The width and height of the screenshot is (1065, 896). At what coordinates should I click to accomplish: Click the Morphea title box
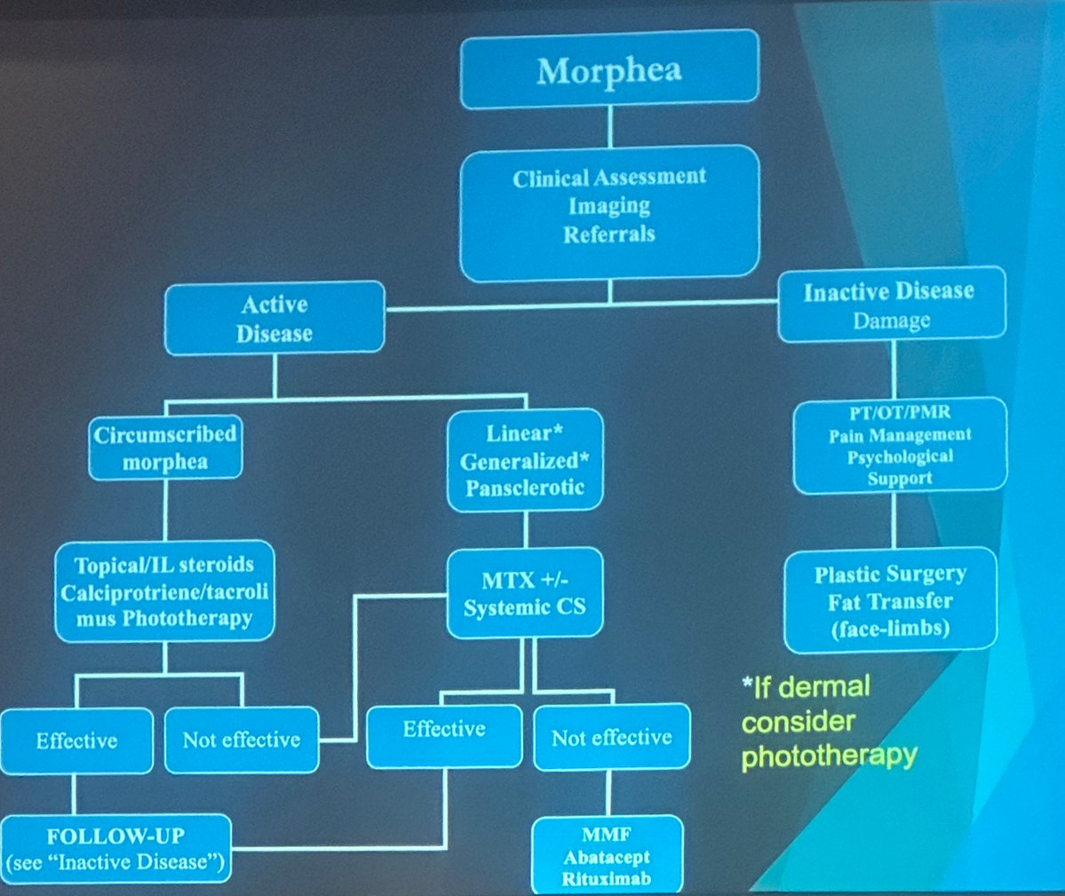coord(609,70)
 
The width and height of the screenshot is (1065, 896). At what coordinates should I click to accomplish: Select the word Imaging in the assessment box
coord(609,206)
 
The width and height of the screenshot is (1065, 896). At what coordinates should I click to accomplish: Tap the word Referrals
coord(609,234)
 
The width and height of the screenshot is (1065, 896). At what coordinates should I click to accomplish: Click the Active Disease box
coord(274,318)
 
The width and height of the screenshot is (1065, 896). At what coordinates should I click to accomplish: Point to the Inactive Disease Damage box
coord(891,305)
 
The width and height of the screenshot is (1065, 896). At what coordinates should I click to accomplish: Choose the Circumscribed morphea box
coord(165,448)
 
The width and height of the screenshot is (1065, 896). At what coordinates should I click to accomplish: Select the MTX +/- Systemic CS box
coord(525,593)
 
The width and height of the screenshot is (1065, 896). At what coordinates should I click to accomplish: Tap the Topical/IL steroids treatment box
coord(164,591)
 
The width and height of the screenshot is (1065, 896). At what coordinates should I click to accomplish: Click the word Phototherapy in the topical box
coord(187,618)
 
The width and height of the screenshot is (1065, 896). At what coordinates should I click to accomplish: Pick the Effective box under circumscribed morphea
coord(76,741)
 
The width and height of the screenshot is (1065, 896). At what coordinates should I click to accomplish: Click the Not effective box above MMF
coord(611,737)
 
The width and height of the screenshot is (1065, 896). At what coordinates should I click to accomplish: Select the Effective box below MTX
coord(444,730)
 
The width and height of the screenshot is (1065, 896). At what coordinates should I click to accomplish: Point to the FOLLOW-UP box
coord(115,849)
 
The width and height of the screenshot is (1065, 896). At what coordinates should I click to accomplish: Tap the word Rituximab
coord(607,879)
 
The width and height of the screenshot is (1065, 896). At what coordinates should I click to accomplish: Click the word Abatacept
coord(607,857)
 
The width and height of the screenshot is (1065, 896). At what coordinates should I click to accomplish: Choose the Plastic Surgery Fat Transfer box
coord(890,600)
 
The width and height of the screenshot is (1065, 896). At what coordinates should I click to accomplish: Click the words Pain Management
coord(900,435)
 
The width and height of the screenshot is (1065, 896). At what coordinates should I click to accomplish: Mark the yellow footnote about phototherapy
coord(818,721)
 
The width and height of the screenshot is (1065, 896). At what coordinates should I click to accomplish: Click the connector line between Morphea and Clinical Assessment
coord(609,125)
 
